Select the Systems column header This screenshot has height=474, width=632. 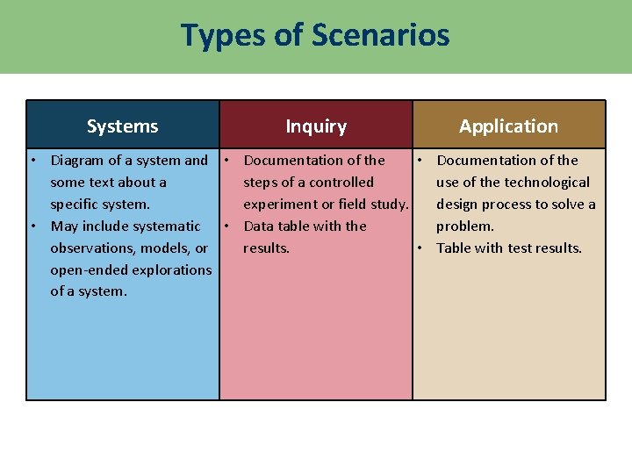click(122, 126)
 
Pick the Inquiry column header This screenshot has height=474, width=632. click(316, 126)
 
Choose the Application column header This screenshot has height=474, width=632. click(508, 126)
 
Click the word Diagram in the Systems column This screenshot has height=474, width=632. click(77, 161)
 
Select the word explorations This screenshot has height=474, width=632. click(173, 270)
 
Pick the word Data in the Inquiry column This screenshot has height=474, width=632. click(259, 226)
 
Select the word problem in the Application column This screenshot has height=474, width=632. click(465, 226)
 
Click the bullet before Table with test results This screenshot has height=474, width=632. click(420, 248)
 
